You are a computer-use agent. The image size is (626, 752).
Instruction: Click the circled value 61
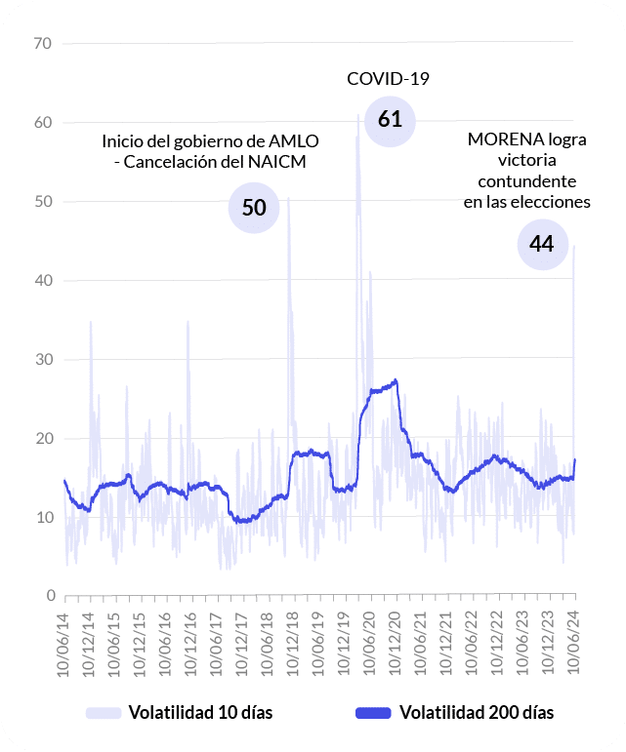point(390,120)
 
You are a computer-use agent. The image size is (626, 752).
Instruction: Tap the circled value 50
point(254,207)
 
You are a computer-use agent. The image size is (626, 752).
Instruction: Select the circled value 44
point(542,244)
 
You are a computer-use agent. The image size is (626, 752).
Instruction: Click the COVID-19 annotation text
point(389,79)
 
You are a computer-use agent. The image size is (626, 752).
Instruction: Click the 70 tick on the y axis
point(42,43)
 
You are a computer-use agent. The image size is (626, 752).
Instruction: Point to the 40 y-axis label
point(42,281)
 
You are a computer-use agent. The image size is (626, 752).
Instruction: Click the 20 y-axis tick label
point(42,439)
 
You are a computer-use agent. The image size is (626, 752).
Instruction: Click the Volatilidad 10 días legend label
point(200,712)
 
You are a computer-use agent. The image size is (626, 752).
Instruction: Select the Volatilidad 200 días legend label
point(476,712)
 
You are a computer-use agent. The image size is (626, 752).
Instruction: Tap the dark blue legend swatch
point(372,712)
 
